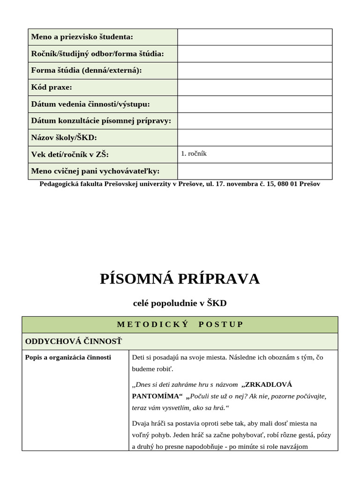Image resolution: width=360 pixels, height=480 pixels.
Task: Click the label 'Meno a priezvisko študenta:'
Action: [82, 37]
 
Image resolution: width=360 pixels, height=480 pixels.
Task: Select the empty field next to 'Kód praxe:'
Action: [255, 87]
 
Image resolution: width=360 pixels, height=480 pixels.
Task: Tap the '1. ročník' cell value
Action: [194, 153]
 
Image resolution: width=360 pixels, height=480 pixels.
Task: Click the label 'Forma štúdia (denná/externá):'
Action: [86, 70]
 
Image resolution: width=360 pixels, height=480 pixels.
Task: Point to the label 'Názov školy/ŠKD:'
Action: [64, 137]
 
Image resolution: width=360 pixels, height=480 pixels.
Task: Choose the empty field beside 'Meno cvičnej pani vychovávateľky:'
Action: [255, 171]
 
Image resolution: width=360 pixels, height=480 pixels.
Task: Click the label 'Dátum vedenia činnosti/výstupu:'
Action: [90, 104]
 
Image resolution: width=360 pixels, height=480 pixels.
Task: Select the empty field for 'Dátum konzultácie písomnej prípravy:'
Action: [255, 120]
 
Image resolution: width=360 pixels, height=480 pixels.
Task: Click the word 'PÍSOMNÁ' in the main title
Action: [136, 279]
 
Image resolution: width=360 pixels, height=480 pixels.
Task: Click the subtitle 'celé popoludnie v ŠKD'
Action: [180, 303]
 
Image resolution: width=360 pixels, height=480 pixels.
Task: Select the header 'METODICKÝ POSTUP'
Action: [180, 324]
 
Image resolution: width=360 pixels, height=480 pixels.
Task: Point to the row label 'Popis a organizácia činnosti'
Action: [68, 357]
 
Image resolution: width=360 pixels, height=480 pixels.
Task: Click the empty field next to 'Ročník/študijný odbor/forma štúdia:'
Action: [255, 53]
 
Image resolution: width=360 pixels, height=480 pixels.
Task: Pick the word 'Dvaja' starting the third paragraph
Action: [141, 423]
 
